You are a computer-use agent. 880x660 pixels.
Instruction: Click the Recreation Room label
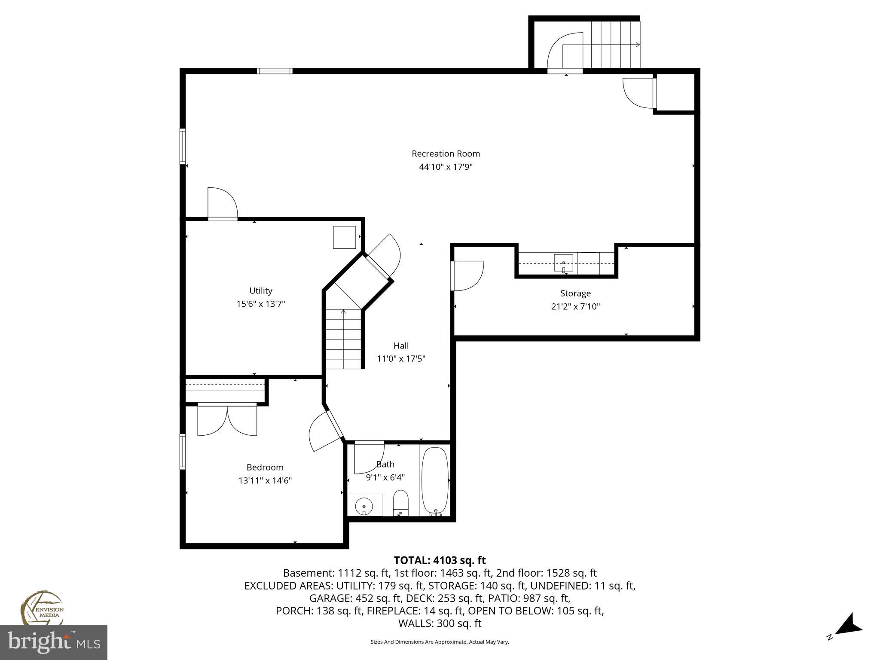click(446, 153)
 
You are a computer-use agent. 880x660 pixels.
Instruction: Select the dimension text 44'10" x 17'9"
click(446, 167)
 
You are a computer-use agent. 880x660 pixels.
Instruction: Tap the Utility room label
click(261, 290)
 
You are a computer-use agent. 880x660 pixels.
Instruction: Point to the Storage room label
click(575, 293)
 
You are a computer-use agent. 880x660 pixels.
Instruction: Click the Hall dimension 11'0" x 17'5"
click(401, 358)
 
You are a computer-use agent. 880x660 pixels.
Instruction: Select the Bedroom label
click(265, 467)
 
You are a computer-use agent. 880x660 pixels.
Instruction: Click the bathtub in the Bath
click(435, 480)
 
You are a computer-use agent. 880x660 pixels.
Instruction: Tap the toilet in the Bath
click(400, 503)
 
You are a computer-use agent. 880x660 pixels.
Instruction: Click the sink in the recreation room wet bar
click(563, 263)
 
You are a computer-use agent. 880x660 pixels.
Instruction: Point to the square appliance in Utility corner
click(345, 237)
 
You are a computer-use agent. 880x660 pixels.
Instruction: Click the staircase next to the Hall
click(343, 339)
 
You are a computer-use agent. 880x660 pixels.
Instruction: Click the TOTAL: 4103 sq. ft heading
click(440, 560)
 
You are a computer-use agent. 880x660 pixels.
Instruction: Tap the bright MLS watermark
click(54, 642)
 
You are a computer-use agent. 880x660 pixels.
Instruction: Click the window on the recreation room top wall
click(275, 71)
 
